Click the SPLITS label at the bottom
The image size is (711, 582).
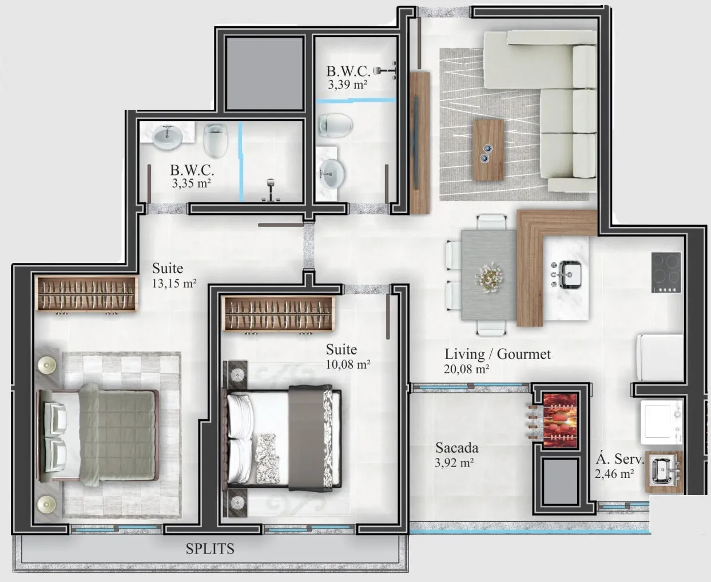pos(210,549)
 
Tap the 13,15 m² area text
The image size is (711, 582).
pos(174,283)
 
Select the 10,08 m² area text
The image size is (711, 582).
pos(348,364)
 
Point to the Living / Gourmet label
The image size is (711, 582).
pos(498,354)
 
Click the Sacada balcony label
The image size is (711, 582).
pos(457,448)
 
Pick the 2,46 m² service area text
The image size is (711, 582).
pos(614,474)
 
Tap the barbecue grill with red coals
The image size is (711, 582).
pos(561,421)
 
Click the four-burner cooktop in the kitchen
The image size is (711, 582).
pos(666,272)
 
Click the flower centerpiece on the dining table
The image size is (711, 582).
pos(488,277)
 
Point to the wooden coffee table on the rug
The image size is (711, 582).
pos(488,150)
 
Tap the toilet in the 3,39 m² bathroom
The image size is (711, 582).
pos(335,125)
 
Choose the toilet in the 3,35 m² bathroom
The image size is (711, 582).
pos(216,140)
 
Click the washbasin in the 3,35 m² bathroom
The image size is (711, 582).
pos(167,137)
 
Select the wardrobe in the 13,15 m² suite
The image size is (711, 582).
pos(86,293)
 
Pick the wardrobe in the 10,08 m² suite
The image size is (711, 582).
pos(279,313)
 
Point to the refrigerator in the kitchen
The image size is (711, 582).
pos(660,357)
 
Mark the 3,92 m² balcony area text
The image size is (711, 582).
pos(454,463)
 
